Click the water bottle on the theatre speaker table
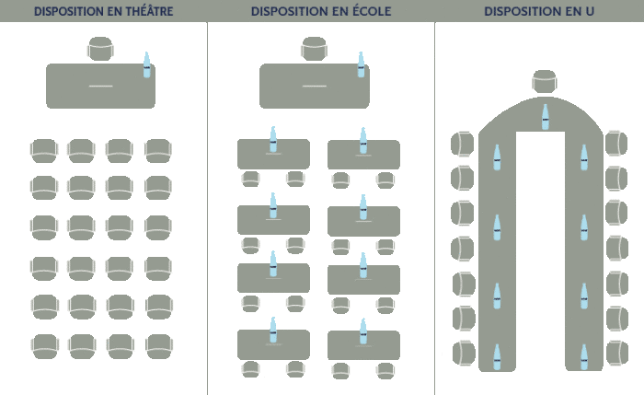tap(146, 65)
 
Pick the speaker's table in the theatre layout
tap(100, 86)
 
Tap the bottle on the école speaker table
tap(361, 65)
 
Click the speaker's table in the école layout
tap(314, 86)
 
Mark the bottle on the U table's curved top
tap(545, 117)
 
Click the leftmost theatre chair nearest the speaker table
tap(43, 151)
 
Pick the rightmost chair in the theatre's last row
tap(157, 348)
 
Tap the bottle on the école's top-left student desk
tap(272, 140)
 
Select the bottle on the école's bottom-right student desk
tap(362, 331)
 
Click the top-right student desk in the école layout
tap(363, 155)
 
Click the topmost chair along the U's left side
tap(461, 144)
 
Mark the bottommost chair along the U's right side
tap(617, 353)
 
